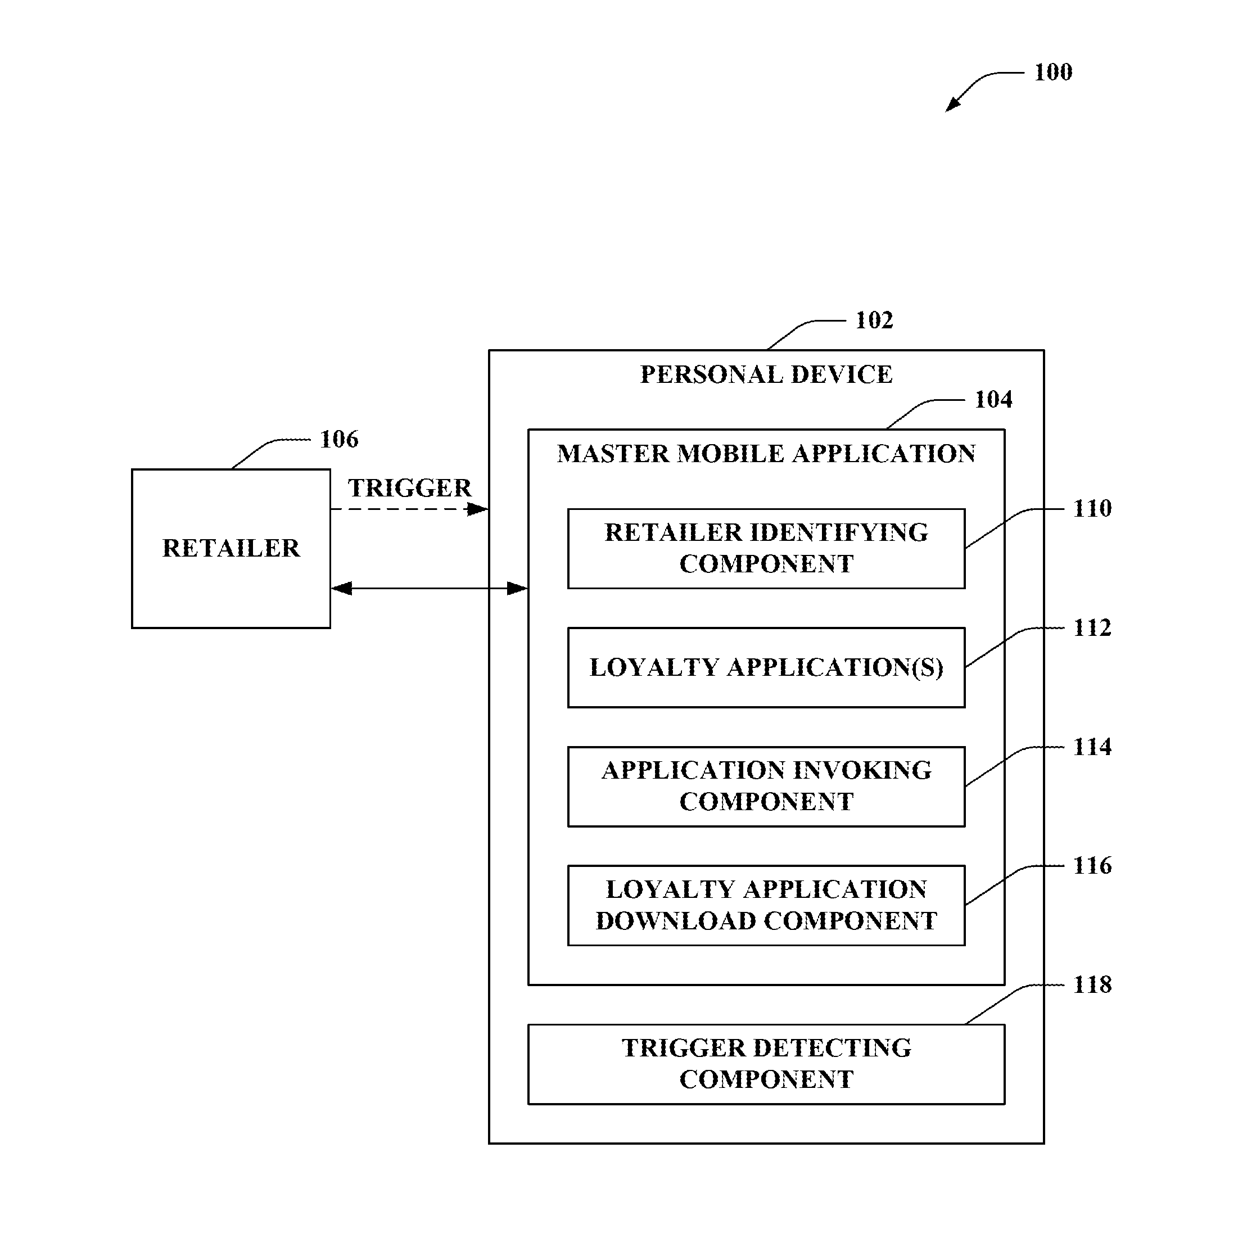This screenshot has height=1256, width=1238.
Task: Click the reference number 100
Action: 1052,72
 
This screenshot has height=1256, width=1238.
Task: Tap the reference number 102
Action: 874,320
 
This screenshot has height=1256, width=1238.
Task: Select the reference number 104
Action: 993,400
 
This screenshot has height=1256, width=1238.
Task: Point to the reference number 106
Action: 339,440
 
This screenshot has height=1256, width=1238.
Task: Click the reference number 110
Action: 1092,509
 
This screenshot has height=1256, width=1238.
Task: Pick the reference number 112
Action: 1092,628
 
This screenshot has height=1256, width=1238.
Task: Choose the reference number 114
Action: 1092,747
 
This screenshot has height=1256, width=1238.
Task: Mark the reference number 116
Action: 1092,866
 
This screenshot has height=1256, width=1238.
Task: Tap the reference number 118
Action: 1092,985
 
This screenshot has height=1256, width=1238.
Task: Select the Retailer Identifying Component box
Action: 766,549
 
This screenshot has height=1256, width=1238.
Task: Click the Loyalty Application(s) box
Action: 766,668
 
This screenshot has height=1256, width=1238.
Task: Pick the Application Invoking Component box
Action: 766,787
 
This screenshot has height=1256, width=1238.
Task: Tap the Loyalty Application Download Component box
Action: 766,906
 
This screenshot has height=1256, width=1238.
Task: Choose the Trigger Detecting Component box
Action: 766,1064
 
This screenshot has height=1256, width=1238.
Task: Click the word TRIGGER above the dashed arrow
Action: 409,488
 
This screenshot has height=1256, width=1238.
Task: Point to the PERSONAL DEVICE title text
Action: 766,375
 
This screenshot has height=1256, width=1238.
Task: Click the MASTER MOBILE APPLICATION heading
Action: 766,454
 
